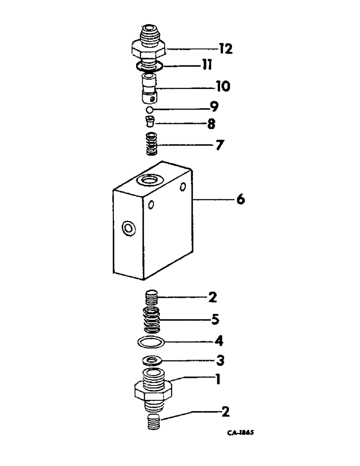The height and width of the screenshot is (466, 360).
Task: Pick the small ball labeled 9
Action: (149, 110)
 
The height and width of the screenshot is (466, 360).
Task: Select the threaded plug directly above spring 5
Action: (152, 296)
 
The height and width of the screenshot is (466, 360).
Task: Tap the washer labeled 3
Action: (152, 361)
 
